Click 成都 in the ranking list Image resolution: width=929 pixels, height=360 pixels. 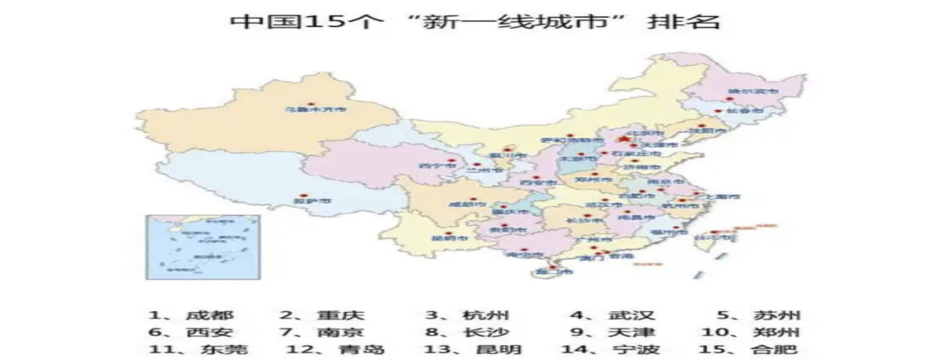(206, 314)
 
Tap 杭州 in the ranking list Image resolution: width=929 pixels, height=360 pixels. (486, 314)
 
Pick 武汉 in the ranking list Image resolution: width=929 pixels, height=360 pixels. (631, 314)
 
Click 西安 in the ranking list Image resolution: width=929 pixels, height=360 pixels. (206, 332)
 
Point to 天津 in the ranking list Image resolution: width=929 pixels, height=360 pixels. (631, 332)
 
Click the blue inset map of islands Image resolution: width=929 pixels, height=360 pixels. (202, 245)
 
